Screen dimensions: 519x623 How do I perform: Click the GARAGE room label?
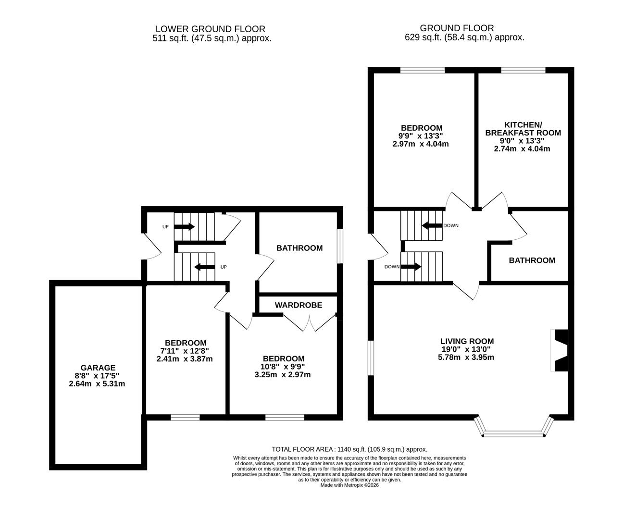98,368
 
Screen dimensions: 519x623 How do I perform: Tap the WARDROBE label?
298,305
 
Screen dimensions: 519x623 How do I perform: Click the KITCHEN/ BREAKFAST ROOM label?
523,128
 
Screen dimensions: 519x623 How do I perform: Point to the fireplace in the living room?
560,350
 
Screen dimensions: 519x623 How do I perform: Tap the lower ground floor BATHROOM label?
299,248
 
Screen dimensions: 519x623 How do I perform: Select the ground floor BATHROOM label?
532,260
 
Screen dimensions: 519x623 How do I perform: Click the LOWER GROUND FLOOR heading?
210,29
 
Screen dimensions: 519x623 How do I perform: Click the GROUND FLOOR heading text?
450,28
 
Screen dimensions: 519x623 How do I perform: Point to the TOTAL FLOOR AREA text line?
349,449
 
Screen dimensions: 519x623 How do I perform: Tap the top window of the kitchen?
523,70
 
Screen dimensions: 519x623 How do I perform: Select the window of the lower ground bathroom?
340,246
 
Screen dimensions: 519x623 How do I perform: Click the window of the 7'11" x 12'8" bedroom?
185,417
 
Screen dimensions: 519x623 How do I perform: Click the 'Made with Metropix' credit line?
349,485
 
